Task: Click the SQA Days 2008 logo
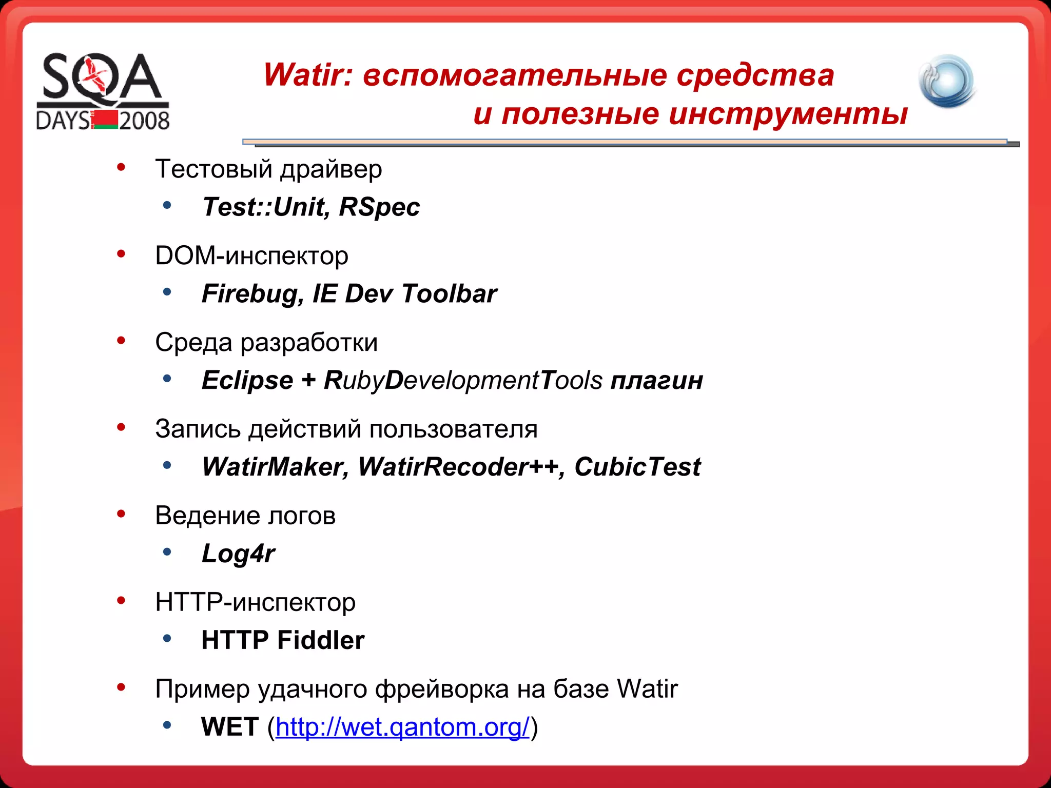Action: click(x=103, y=91)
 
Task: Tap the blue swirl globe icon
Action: click(x=947, y=81)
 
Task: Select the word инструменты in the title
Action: click(x=788, y=114)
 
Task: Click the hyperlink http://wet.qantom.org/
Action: click(x=402, y=727)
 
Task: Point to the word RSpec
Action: click(x=379, y=207)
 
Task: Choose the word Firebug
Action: click(x=249, y=294)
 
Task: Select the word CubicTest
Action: click(x=637, y=467)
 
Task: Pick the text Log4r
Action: click(x=238, y=554)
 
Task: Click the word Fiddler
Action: click(x=321, y=640)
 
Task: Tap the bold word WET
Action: click(x=229, y=727)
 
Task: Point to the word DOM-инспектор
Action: click(x=251, y=255)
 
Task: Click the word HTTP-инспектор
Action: click(x=255, y=602)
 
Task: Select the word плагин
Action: click(x=656, y=381)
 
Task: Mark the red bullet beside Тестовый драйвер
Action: click(x=121, y=167)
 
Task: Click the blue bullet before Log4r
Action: click(x=167, y=553)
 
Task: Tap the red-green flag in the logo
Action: click(x=106, y=120)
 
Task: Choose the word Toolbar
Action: click(x=449, y=294)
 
